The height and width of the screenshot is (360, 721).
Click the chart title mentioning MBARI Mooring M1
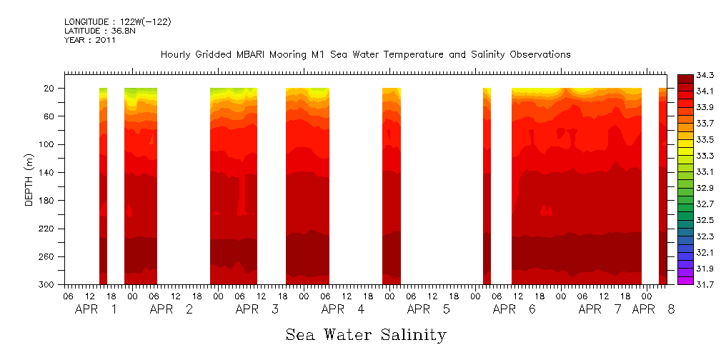coord(365,54)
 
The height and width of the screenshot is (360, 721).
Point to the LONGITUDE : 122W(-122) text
coord(117,22)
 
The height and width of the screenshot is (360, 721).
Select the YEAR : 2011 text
coord(89,41)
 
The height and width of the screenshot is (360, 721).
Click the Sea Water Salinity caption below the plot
coord(366,334)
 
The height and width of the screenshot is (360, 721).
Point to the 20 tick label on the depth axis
coord(50,88)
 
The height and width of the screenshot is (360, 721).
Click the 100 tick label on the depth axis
coord(48,144)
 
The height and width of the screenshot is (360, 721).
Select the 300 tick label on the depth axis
coord(48,284)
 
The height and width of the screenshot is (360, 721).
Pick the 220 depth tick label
coord(48,229)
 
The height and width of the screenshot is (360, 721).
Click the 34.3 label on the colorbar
coord(703,74)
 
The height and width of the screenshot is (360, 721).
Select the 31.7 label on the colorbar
coord(703,284)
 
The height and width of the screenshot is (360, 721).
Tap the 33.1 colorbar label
coord(703,171)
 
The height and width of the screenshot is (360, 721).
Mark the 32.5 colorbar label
coord(703,219)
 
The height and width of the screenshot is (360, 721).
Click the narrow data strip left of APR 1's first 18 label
coord(103,186)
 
